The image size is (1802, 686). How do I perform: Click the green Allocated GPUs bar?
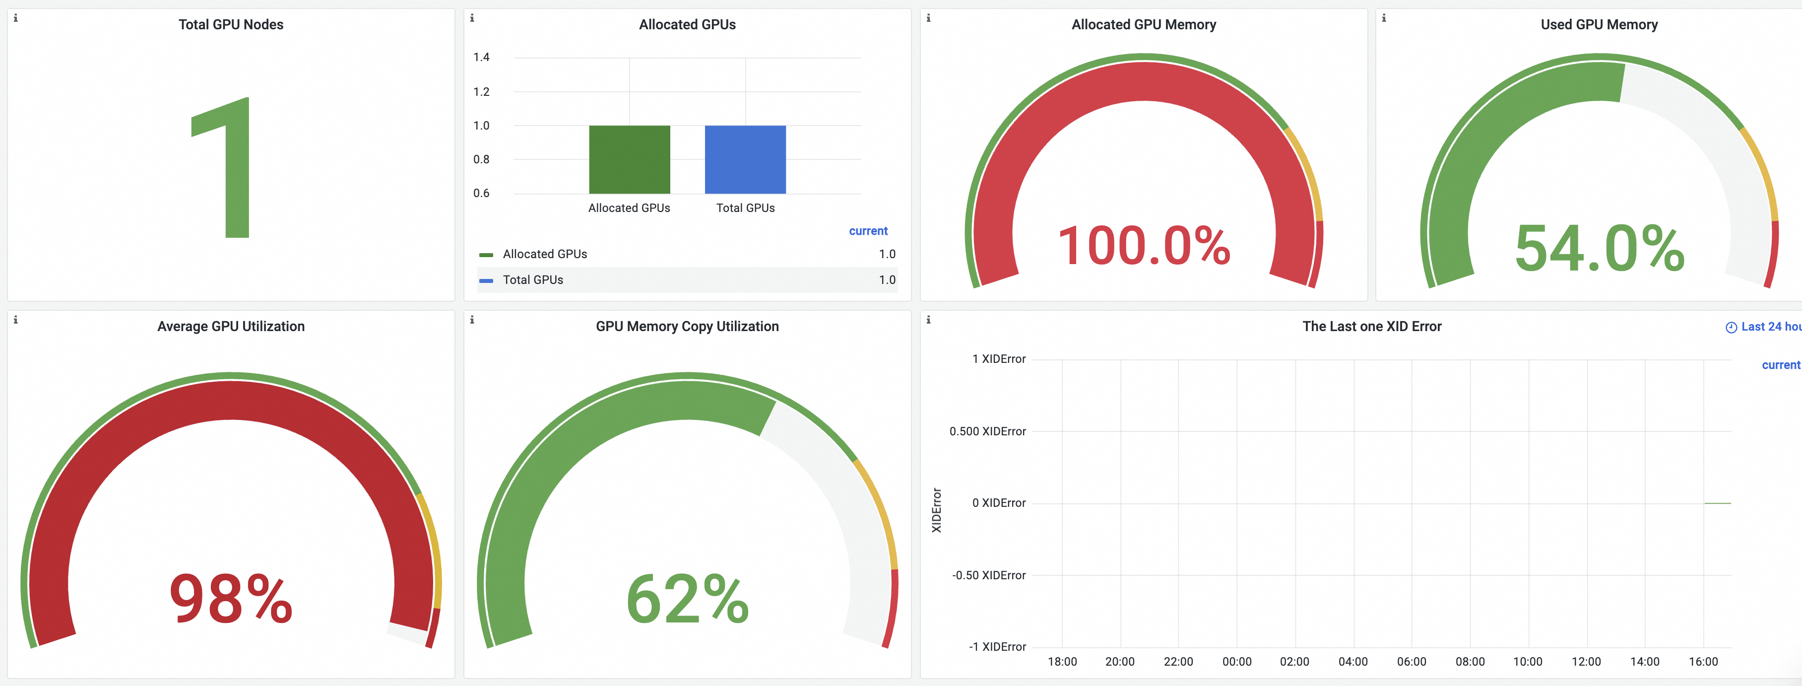pos(629,160)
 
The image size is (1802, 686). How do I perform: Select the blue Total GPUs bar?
pos(745,160)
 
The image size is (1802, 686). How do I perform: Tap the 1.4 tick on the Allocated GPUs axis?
pos(481,58)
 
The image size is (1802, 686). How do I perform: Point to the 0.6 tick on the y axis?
pos(481,193)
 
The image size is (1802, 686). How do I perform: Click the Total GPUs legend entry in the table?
pos(532,280)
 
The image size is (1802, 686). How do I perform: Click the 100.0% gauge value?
pos(1144,246)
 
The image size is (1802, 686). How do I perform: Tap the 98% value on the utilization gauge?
pos(231,599)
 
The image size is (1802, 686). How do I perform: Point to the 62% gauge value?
pos(687,599)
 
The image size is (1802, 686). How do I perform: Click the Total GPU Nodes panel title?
pos(231,24)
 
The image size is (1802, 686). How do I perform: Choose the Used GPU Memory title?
pos(1599,24)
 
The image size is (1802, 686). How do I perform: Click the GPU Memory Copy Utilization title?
pos(687,326)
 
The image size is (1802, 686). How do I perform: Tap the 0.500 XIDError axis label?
pos(987,431)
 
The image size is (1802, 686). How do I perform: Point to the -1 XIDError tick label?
pos(997,647)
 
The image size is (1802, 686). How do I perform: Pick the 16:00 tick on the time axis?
pos(1703,662)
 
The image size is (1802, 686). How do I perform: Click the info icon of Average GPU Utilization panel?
pos(15,320)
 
